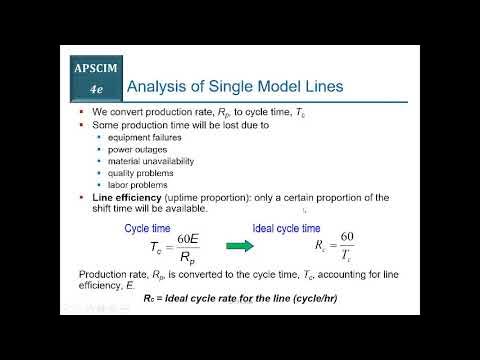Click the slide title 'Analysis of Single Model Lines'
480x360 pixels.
coord(238,87)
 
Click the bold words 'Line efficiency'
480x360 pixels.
coord(124,197)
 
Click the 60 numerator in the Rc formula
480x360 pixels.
coord(346,238)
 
